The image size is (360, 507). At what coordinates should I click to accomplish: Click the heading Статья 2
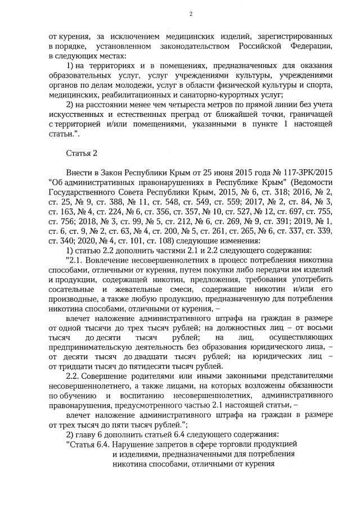click(82, 153)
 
